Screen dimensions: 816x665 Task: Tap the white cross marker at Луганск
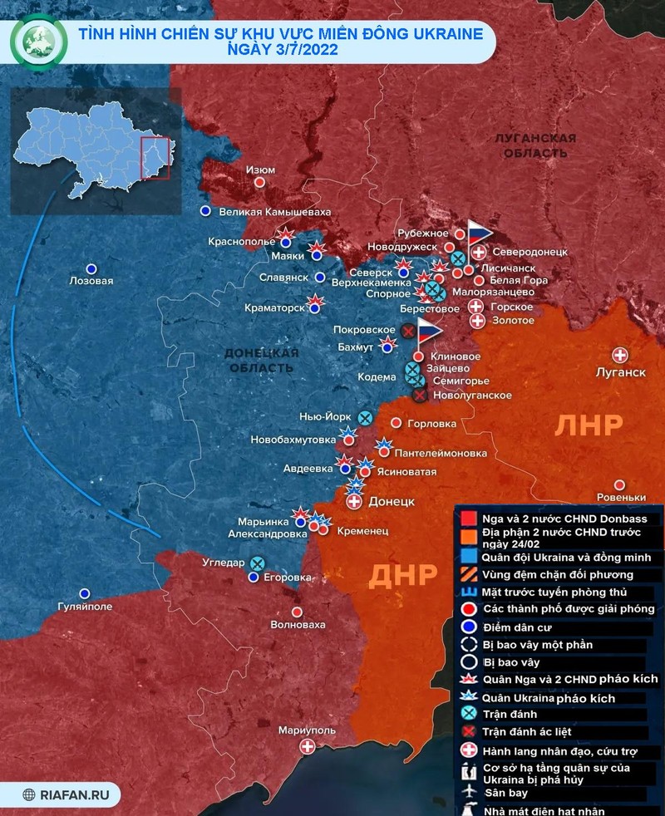click(619, 353)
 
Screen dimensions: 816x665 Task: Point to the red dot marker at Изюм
click(260, 182)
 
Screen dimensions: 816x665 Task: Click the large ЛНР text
click(589, 425)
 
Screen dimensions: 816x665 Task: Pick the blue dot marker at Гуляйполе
click(84, 593)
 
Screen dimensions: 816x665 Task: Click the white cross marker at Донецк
click(354, 502)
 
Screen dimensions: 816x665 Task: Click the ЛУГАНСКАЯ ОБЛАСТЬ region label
click(533, 145)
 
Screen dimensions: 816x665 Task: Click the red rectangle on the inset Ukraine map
click(155, 158)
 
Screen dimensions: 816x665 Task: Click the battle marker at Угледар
click(258, 563)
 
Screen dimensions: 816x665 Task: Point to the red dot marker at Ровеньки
click(619, 485)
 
